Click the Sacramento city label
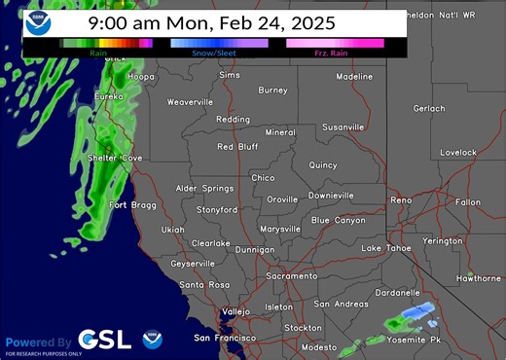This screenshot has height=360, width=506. pos(292,276)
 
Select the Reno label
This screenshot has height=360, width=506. pos(401,199)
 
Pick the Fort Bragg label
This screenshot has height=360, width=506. pos(130,204)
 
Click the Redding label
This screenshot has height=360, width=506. pos(233,120)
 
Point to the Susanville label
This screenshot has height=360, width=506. pos(343,126)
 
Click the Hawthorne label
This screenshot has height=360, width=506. pos(478,278)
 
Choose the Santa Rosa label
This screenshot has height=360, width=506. pos(204,284)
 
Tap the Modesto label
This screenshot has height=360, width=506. pos(319,347)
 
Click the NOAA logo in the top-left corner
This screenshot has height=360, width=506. pos(39,22)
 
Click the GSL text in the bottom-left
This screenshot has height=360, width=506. pos(104,340)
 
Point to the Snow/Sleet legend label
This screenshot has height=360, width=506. pos(219,53)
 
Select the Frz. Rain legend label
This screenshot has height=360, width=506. pos(334,53)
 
